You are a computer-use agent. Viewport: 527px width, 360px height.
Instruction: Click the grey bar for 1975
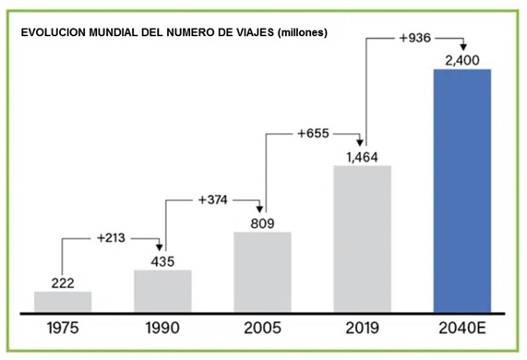click(63, 302)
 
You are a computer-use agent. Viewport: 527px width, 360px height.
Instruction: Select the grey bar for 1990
click(162, 291)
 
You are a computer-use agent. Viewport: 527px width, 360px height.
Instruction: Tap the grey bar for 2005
click(262, 271)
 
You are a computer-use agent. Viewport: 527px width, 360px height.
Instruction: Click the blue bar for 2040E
click(461, 190)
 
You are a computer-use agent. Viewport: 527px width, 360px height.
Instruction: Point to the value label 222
click(63, 281)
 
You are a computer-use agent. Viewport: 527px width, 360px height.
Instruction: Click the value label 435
click(162, 259)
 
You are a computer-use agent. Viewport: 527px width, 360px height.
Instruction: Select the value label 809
click(262, 221)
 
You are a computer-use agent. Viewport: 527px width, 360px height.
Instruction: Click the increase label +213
click(113, 238)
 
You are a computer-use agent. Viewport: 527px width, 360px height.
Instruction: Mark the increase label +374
click(212, 199)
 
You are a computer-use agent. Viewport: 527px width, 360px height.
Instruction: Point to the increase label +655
click(313, 134)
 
